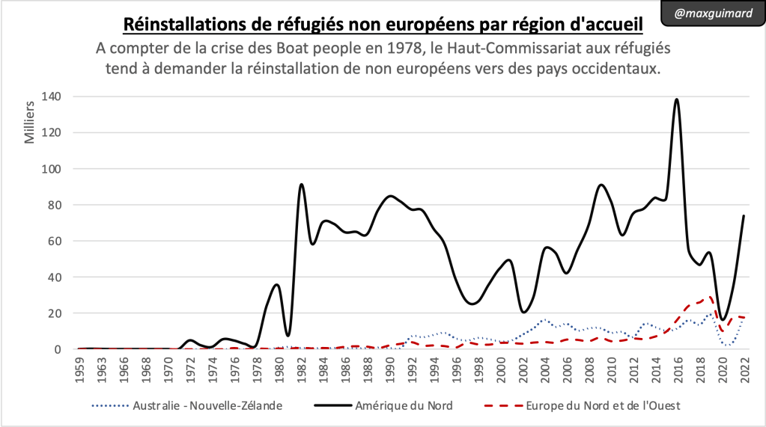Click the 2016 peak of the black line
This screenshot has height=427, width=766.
click(677, 99)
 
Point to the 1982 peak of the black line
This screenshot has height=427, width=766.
click(301, 184)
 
